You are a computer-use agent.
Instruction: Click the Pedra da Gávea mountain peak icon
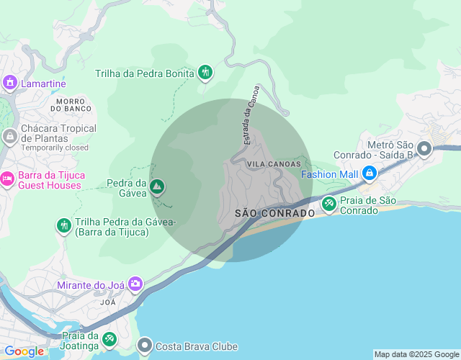click(157, 188)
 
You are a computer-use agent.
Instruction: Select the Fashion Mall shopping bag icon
click(369, 174)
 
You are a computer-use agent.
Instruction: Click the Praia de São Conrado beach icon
click(328, 204)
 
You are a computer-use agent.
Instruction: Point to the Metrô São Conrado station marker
click(424, 150)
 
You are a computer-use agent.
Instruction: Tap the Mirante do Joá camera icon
click(135, 285)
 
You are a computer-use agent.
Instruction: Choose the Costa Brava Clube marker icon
click(145, 346)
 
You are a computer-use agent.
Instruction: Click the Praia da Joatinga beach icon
click(109, 338)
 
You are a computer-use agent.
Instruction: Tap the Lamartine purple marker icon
click(9, 84)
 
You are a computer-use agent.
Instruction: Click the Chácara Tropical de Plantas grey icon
click(9, 136)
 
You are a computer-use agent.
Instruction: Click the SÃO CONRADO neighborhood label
click(274, 214)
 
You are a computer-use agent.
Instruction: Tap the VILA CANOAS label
click(273, 164)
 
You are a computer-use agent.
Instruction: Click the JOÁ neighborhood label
click(108, 302)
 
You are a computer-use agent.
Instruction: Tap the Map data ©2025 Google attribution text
click(416, 354)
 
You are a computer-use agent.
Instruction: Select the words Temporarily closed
click(54, 148)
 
